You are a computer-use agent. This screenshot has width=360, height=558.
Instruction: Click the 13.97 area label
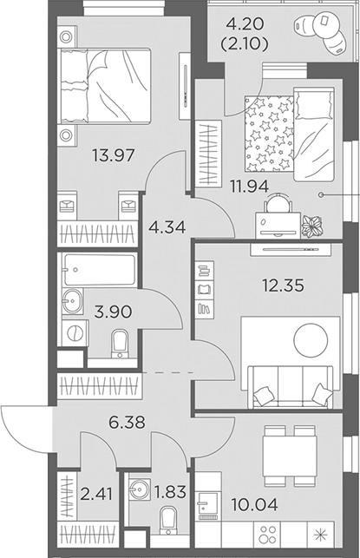click(114, 155)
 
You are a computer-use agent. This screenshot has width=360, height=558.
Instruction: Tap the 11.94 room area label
click(249, 186)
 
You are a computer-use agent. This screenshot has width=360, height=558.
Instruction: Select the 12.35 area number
click(283, 285)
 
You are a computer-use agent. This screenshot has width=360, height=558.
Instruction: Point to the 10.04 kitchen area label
click(255, 504)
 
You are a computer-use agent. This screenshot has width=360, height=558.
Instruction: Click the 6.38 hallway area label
click(128, 423)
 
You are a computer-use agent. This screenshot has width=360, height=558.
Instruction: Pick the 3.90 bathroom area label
click(113, 312)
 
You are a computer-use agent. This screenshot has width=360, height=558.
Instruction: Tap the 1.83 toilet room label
click(170, 492)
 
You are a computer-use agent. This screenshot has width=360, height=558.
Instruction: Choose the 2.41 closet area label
click(96, 494)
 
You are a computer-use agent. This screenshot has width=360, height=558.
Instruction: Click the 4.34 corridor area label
click(167, 227)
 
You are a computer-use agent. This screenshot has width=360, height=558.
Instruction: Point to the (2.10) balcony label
click(245, 44)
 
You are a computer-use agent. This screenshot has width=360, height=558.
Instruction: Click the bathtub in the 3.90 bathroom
click(99, 269)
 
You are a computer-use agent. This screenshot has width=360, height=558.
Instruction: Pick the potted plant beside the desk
click(312, 226)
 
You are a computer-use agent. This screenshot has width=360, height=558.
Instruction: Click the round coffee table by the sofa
click(311, 340)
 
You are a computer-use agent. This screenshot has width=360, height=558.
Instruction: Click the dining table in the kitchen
click(290, 456)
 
